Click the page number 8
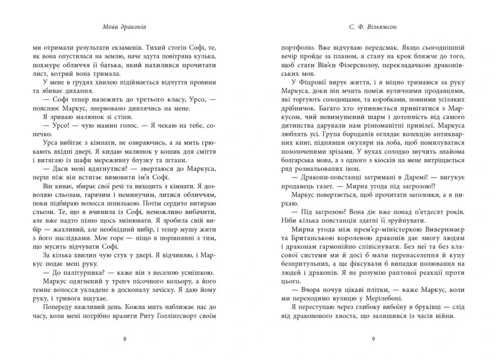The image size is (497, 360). point(125,339)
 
